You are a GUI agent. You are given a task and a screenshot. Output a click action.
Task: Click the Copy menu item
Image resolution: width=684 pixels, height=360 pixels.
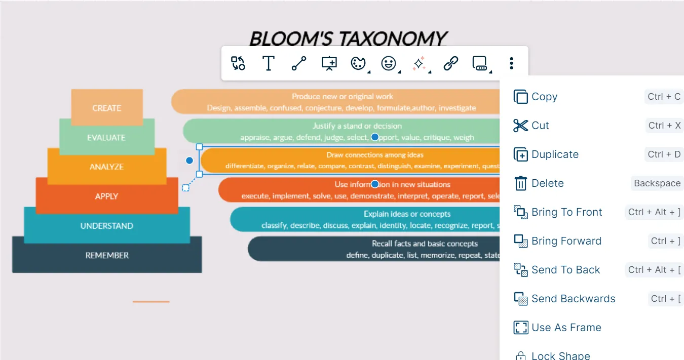(544, 97)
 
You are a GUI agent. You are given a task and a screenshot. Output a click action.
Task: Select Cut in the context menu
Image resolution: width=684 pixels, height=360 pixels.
(540, 126)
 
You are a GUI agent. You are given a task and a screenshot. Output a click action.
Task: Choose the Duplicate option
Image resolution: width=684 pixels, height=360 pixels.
(555, 154)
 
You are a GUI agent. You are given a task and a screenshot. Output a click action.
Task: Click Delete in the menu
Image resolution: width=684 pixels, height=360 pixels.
(547, 183)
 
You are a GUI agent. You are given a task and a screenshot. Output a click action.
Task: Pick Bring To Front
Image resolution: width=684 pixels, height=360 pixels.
(566, 212)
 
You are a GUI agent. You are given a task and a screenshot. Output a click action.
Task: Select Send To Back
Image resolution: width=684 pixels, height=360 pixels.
(565, 270)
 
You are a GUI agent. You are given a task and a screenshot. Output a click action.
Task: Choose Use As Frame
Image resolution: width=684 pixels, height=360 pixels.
(566, 328)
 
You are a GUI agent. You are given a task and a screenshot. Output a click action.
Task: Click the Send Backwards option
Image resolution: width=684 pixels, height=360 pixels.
(573, 299)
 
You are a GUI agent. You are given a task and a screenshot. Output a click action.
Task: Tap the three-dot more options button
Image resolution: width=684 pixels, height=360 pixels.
(511, 63)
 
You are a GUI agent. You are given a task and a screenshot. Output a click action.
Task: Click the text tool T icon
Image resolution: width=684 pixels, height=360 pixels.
(268, 63)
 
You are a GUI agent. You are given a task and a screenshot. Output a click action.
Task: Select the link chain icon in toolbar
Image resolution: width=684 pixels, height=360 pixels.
(450, 63)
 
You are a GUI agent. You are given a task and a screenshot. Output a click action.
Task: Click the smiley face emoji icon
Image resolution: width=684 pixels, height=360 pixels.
(389, 63)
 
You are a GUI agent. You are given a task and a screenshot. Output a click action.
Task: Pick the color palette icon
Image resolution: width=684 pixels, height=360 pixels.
(358, 63)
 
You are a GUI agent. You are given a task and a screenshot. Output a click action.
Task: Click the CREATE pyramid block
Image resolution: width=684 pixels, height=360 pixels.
(107, 108)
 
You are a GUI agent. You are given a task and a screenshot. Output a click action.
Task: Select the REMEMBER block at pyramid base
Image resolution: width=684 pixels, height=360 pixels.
(107, 255)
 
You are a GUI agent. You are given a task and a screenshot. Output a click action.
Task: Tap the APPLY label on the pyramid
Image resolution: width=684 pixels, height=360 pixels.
(106, 196)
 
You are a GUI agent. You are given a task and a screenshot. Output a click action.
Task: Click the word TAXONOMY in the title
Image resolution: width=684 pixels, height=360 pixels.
(393, 38)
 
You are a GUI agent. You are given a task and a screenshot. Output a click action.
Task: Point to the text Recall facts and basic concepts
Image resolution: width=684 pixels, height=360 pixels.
(425, 244)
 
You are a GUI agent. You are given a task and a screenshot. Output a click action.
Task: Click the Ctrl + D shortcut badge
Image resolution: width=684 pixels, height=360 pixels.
(664, 154)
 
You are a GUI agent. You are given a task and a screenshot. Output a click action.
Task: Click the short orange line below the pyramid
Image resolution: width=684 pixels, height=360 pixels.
(151, 302)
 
